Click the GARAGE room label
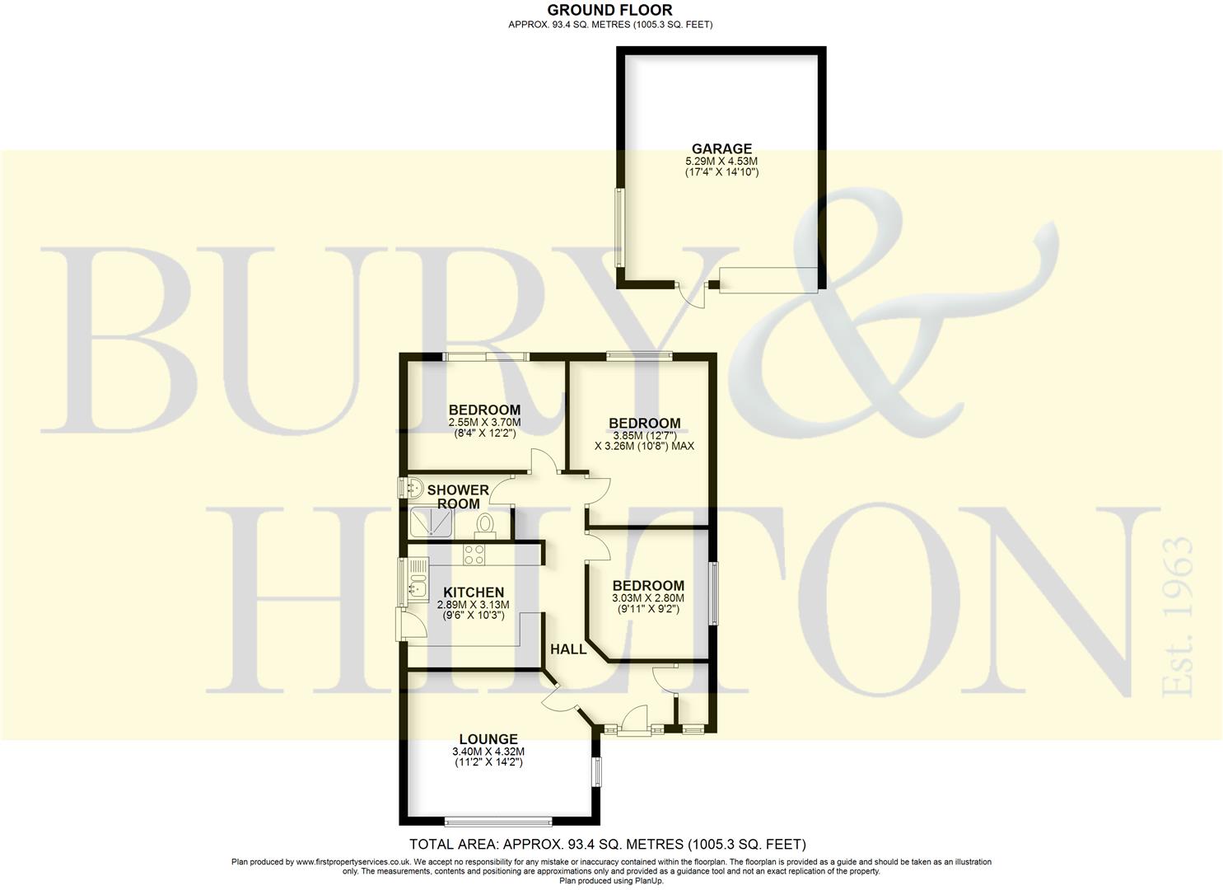(721, 148)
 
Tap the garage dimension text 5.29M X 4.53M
(721, 162)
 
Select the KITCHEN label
(474, 593)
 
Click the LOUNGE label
(488, 739)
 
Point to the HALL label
(568, 649)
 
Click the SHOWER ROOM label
(458, 497)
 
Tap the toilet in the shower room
(484, 523)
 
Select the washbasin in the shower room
(414, 487)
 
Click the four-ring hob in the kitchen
(474, 555)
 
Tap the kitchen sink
(418, 581)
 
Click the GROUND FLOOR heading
(610, 10)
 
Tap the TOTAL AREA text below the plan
(608, 844)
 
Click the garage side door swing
(691, 296)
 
